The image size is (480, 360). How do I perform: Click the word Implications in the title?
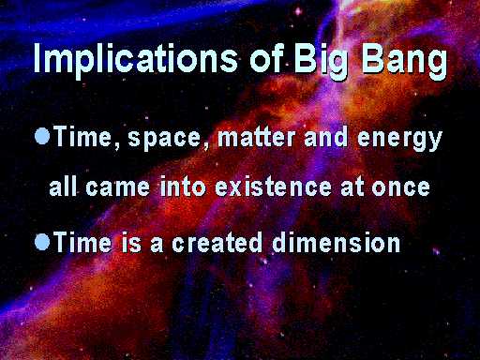point(135,58)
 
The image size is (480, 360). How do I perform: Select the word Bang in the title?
point(405,61)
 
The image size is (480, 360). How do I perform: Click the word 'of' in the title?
point(266,57)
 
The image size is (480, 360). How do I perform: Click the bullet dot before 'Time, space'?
point(42,136)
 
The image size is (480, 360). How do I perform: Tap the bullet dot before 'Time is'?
point(42,242)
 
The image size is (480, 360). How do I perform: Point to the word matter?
point(256,137)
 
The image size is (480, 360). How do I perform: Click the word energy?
point(399,140)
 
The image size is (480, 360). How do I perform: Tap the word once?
point(400,187)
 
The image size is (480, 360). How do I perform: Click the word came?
point(117,187)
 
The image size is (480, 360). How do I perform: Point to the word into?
point(183,186)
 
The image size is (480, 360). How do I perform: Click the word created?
point(217,242)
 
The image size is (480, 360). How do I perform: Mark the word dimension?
point(337,242)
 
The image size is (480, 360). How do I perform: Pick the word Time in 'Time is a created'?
point(82,242)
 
